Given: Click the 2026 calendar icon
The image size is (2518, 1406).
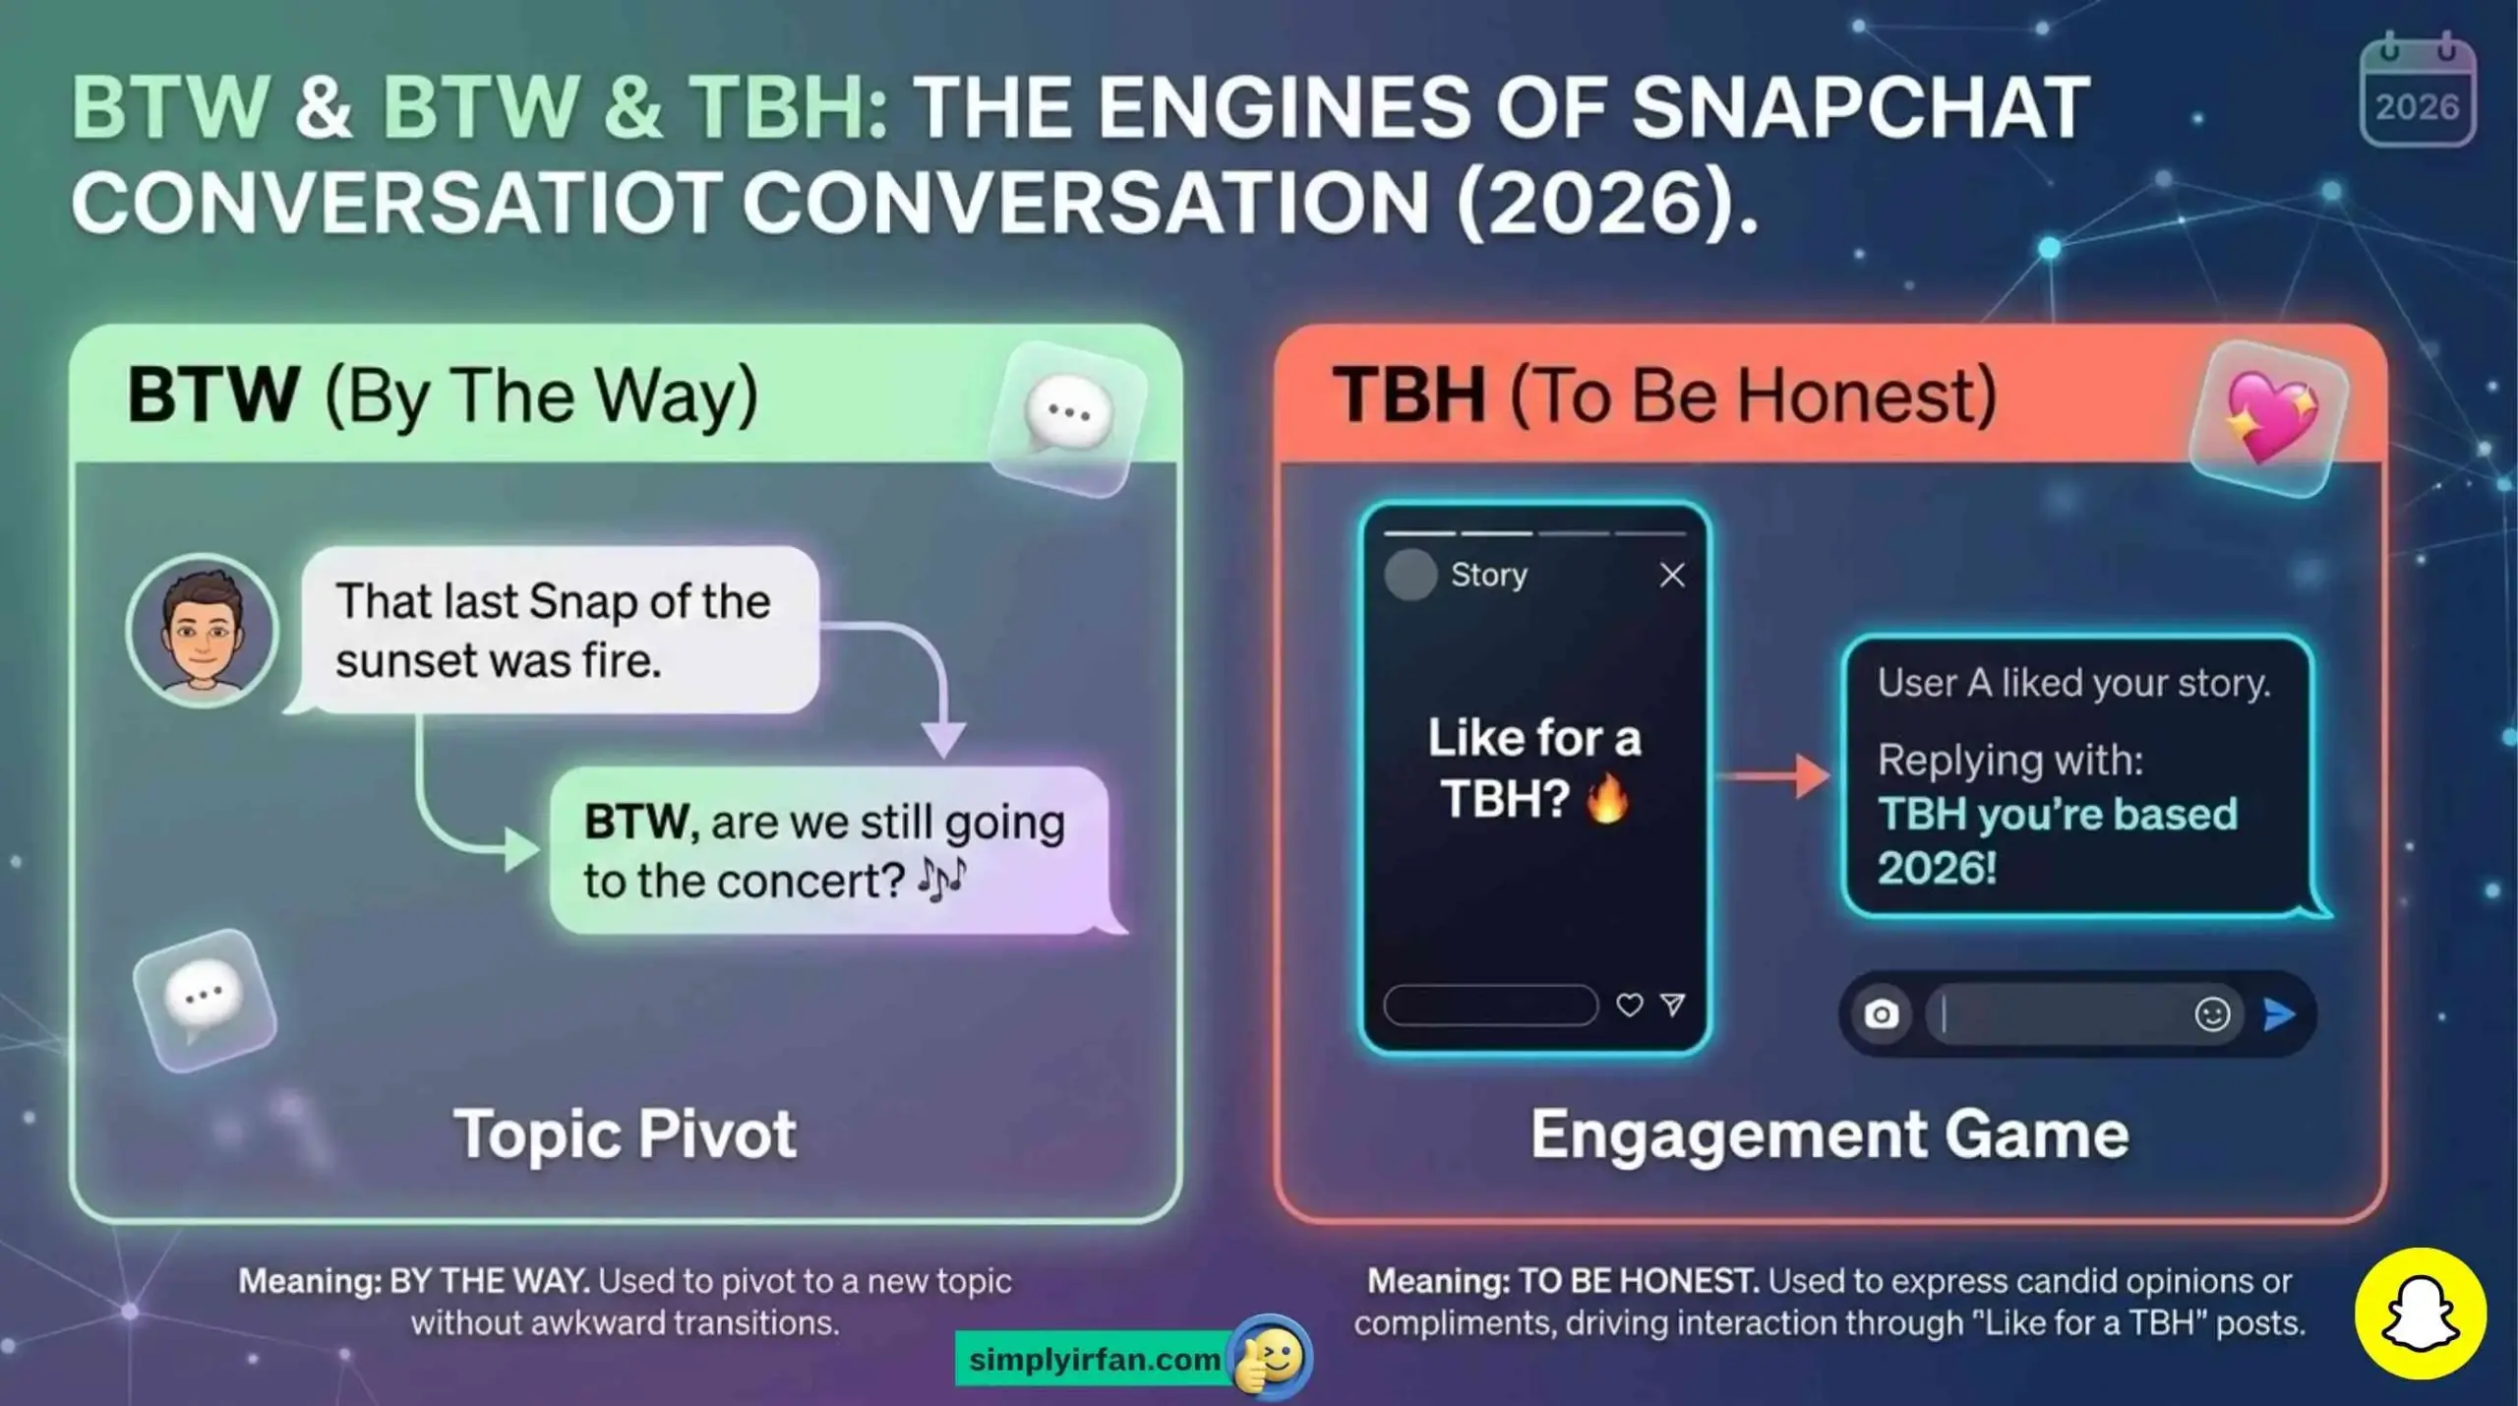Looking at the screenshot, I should point(2417,92).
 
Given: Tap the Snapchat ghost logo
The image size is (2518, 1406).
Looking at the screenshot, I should point(2420,1314).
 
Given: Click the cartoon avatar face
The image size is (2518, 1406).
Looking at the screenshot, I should point(203,631).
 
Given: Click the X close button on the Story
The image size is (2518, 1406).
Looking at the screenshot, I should point(1672,576).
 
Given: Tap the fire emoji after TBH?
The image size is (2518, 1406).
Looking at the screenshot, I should point(1607,798).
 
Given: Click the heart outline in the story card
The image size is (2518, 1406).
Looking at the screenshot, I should point(1630,1005).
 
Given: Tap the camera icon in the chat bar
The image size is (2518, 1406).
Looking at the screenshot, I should point(1881,1014).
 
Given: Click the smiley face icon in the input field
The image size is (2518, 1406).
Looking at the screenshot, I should point(2212,1014).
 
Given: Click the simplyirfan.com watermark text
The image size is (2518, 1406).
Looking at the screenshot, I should point(1094,1360).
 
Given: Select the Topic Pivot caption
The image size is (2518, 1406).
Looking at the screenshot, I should point(625,1134).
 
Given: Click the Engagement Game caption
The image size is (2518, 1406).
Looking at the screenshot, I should point(1829,1134).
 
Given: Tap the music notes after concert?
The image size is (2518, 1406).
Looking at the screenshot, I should point(941,879).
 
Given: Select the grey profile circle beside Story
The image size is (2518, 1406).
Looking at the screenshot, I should point(1410,576).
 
